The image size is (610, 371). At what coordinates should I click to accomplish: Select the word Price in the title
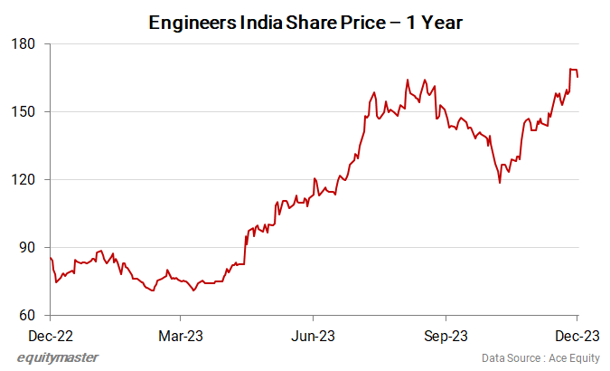[373, 24]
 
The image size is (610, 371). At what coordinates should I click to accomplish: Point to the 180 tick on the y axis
[23, 43]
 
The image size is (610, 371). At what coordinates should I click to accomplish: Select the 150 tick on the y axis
[23, 111]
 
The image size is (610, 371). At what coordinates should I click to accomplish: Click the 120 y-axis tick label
[23, 179]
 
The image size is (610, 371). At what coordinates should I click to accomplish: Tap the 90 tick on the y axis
[27, 247]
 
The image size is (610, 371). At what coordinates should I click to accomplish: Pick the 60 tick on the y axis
[27, 315]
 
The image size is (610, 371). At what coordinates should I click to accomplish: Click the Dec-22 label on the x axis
[50, 335]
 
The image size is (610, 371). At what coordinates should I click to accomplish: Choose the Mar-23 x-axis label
[181, 335]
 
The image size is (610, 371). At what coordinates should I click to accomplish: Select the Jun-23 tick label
[313, 335]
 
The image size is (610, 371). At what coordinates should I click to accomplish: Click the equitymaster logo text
[58, 357]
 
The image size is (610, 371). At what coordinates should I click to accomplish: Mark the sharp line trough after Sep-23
[499, 183]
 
